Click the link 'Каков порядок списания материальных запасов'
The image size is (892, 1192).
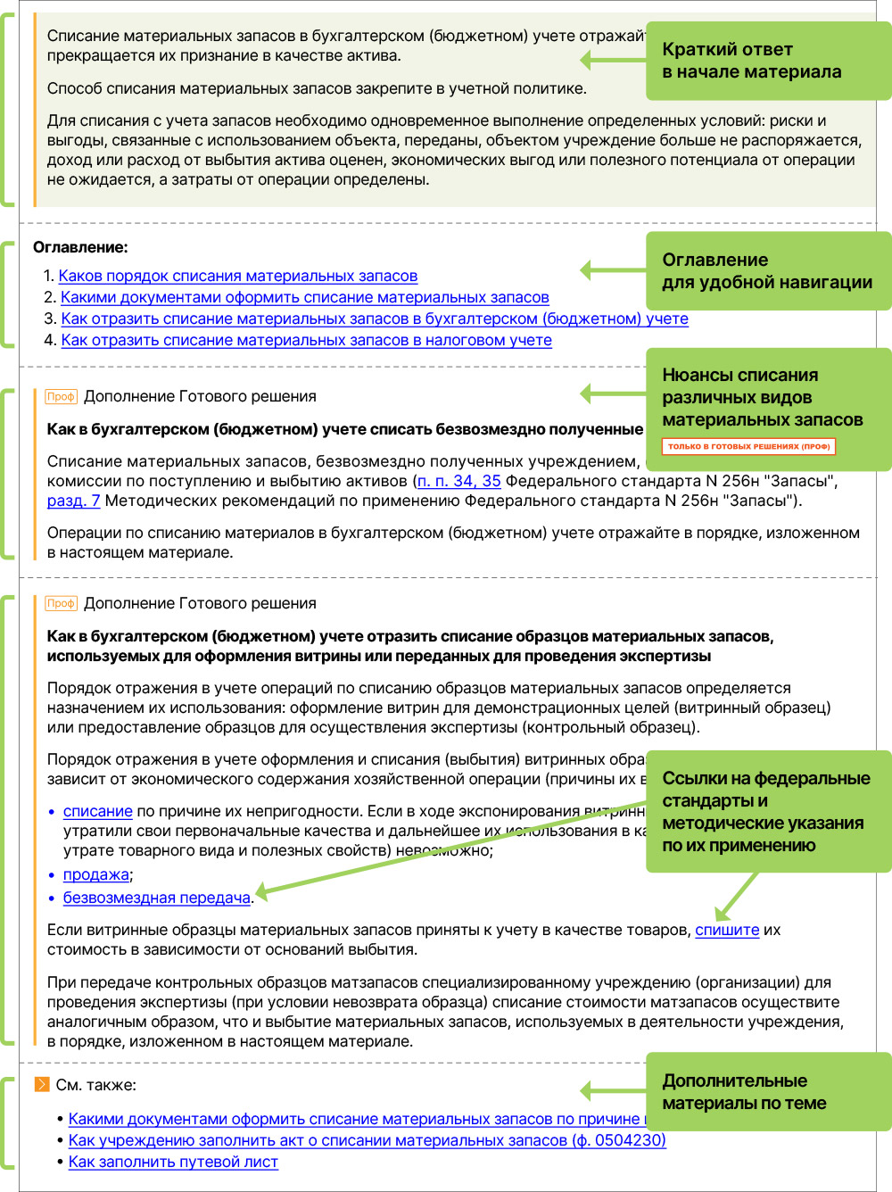[237, 277]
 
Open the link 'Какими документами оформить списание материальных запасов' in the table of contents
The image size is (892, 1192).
[304, 298]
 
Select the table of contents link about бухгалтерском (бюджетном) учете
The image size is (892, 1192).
[375, 319]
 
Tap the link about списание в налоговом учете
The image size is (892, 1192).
[306, 341]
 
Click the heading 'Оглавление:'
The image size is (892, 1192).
[80, 248]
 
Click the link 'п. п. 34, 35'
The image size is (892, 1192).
[459, 482]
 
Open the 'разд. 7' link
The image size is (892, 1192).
[73, 501]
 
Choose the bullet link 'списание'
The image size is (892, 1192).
[97, 812]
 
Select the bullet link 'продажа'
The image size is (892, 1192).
[95, 875]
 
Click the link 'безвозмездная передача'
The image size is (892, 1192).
[156, 898]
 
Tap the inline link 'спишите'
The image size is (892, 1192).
[727, 931]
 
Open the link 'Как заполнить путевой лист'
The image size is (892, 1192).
[173, 1163]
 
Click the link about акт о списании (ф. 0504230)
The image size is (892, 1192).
[367, 1141]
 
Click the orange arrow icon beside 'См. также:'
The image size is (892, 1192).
[41, 1085]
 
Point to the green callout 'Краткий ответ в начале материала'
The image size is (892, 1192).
[767, 61]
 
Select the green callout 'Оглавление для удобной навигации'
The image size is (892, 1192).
[767, 271]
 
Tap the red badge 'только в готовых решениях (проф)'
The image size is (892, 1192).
[748, 446]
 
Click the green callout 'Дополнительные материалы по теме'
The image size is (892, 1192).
[767, 1092]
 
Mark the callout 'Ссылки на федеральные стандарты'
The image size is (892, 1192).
[767, 811]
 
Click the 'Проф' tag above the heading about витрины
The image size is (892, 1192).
[61, 604]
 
